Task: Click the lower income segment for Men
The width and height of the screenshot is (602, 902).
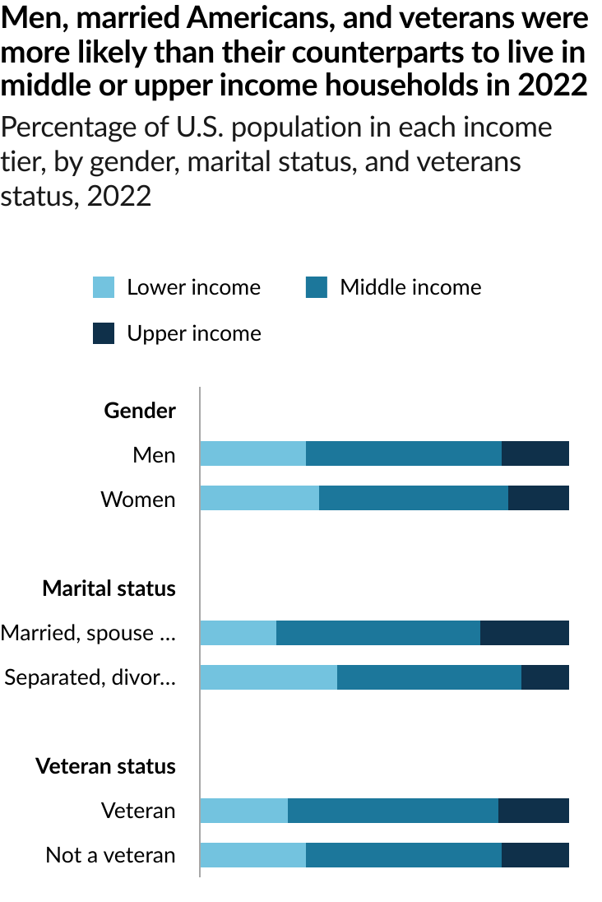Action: point(252,453)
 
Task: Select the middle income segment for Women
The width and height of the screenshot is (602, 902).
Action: point(414,498)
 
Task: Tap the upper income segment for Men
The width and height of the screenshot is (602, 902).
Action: point(535,453)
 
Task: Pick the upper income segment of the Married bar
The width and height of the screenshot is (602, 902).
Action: point(525,633)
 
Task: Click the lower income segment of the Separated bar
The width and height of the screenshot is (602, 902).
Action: point(268,677)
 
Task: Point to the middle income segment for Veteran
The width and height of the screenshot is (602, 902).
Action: point(393,811)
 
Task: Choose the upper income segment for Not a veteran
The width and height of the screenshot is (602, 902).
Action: point(535,855)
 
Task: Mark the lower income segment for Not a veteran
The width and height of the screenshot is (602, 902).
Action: point(252,855)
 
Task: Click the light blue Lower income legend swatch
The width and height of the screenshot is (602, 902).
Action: point(104,287)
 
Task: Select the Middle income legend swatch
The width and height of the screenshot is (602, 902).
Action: point(317,287)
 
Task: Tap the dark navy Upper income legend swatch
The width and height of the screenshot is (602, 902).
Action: point(104,333)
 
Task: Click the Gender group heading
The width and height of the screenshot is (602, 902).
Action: point(140,410)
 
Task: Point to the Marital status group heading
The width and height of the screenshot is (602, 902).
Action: point(109,588)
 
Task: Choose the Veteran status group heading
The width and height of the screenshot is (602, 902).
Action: point(105,766)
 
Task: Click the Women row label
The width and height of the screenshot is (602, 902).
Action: point(138,499)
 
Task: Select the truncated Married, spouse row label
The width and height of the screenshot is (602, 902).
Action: point(89,633)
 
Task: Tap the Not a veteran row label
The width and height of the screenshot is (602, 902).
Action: point(110,855)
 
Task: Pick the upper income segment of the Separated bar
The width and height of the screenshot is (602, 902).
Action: point(545,677)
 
